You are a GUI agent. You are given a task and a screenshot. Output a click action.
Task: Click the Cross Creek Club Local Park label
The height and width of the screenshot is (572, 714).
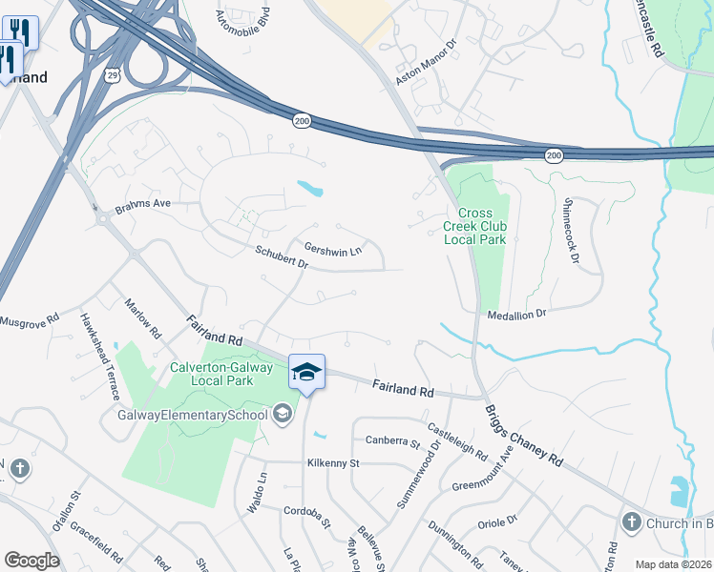(x=475, y=226)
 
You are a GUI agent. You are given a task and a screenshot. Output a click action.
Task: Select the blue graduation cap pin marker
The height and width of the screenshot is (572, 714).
(x=306, y=371)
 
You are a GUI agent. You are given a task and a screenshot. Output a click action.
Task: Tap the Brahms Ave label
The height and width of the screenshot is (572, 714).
(x=143, y=204)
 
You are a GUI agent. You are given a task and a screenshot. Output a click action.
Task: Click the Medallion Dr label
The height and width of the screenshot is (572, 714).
(x=515, y=314)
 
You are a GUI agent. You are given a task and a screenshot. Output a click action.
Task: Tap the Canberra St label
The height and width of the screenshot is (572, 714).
(x=392, y=440)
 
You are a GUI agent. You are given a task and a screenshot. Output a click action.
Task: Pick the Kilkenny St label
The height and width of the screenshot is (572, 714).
(x=331, y=463)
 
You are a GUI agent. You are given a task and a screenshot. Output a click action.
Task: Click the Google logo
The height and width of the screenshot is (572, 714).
(x=31, y=560)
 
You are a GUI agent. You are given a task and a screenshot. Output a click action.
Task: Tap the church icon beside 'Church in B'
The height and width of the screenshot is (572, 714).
(x=630, y=521)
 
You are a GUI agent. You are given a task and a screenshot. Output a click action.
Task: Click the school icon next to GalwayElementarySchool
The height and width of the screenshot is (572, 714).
(x=282, y=414)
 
